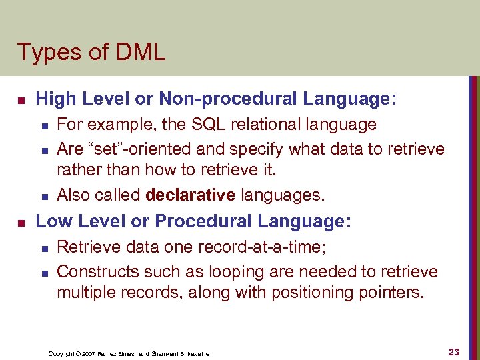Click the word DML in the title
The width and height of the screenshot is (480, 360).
[x=139, y=52]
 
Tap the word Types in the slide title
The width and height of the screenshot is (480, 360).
[x=43, y=52]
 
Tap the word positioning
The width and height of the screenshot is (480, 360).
[x=311, y=293]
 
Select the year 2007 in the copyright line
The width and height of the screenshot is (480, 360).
[x=89, y=353]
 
